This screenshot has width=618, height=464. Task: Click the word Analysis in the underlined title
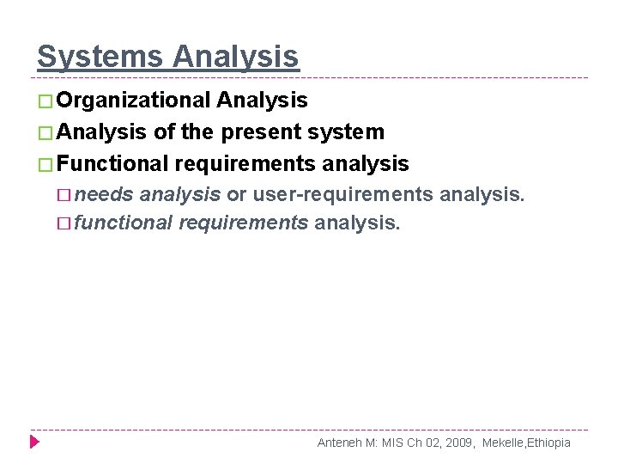click(235, 57)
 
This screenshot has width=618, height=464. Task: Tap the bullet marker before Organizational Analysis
click(45, 101)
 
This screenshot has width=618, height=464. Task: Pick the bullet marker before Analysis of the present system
click(45, 132)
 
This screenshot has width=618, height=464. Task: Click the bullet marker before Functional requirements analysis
click(45, 163)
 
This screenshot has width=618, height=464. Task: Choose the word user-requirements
click(342, 193)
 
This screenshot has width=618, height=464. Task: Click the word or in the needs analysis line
click(236, 193)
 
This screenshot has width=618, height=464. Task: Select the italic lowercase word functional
click(124, 223)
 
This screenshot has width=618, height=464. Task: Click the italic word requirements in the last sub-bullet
click(244, 223)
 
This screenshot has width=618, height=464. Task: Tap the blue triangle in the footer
click(35, 443)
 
